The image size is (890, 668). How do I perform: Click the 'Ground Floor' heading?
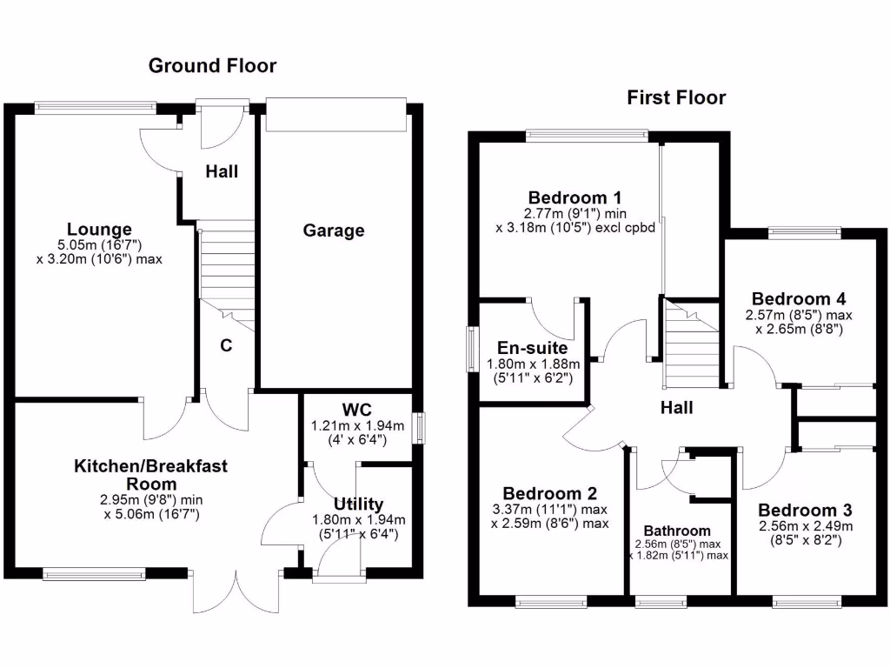[x=212, y=65]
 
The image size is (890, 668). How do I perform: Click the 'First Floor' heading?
[x=676, y=97]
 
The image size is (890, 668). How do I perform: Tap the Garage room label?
[x=334, y=230]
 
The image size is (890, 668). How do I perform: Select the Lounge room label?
[x=100, y=230]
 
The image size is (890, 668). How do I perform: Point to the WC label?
[x=357, y=409]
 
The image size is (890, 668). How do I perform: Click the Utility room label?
[x=359, y=504]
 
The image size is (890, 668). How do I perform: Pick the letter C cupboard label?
[x=226, y=345]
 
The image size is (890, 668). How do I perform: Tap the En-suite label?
[x=533, y=348]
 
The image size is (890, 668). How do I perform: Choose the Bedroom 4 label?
[x=799, y=298]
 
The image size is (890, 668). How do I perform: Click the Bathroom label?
[x=677, y=531]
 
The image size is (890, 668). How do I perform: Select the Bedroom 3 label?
[x=805, y=510]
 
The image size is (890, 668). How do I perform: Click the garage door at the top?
[x=335, y=114]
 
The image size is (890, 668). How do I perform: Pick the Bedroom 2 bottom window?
[x=549, y=600]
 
